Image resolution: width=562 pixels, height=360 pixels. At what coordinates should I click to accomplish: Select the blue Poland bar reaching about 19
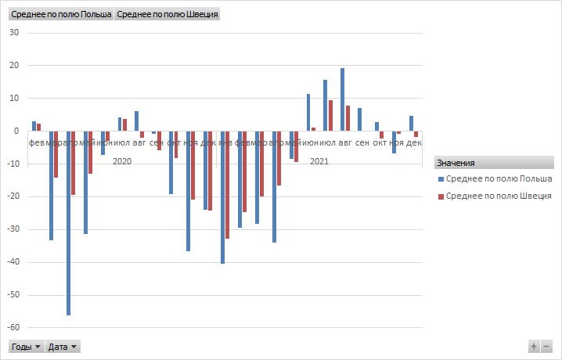342,99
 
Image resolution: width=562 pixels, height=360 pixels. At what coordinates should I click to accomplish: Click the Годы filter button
25,346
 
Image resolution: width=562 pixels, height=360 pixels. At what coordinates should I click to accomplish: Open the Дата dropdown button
63,346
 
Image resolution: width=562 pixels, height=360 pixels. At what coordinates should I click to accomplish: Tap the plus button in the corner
534,346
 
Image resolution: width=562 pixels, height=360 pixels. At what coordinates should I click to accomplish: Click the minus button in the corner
546,346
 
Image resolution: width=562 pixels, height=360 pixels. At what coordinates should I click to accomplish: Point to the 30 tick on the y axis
14,33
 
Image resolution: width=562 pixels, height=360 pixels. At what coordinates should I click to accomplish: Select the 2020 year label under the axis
122,161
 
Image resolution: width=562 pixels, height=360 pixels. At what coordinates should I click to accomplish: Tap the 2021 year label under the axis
319,161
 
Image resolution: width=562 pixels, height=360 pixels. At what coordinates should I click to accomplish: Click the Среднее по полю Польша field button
61,14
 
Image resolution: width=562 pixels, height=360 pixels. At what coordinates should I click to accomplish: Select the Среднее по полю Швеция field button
168,14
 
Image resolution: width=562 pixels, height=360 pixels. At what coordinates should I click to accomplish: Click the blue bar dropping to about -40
223,197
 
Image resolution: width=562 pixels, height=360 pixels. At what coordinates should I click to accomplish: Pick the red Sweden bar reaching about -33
228,185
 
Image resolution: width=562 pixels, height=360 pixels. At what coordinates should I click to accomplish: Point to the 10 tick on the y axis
14,99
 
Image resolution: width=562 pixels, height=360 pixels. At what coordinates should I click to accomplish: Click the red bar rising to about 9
330,116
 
